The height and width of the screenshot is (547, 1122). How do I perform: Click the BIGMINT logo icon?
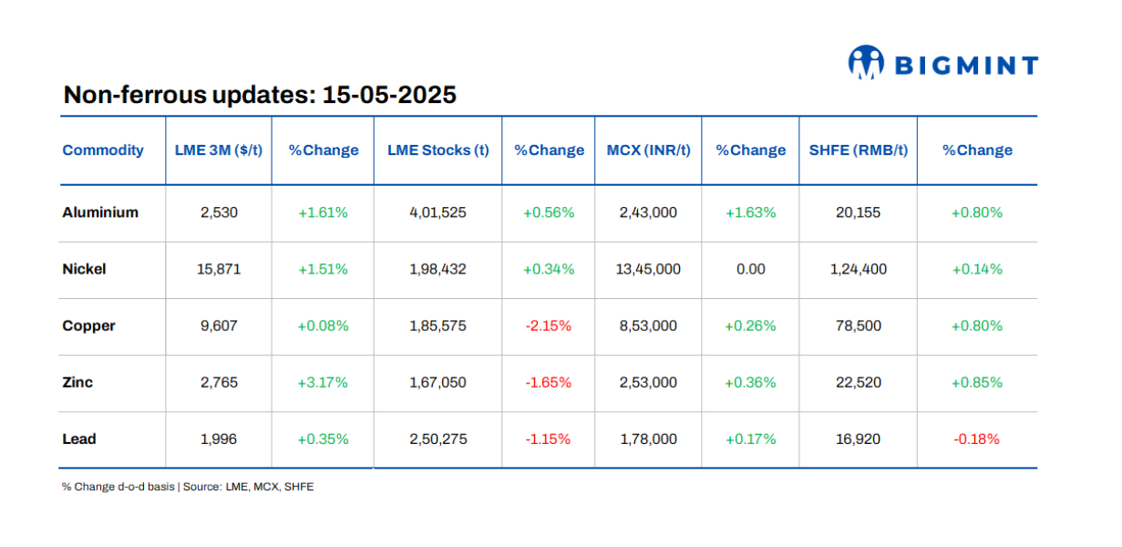coord(867,63)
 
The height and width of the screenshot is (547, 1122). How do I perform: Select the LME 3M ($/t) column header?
coord(219,150)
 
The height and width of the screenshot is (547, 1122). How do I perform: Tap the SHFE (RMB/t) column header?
coord(858,150)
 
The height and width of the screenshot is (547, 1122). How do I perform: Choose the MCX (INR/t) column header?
coord(649,150)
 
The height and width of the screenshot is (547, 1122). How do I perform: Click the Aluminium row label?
coord(100,212)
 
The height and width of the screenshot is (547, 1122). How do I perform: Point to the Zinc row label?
coord(77,382)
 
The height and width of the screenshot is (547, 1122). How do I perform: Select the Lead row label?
coord(79,439)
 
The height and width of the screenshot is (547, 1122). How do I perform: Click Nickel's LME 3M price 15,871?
coord(219,269)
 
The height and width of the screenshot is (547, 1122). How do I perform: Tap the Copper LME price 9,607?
coord(219,325)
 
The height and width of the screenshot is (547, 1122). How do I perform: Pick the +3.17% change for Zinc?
coord(323,382)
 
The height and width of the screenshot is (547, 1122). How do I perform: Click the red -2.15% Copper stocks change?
coord(549,325)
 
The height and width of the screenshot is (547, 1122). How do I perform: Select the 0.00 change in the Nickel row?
coord(750,269)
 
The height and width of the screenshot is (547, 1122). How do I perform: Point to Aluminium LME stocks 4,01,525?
coord(438,212)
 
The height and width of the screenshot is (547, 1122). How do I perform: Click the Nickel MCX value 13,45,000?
coord(648,269)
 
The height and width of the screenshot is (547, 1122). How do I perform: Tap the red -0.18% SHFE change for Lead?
coord(976,439)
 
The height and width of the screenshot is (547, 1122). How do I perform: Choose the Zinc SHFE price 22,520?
coord(859,382)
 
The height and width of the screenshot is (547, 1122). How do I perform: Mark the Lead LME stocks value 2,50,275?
coord(438,439)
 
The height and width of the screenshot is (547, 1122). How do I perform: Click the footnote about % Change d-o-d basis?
coord(188,487)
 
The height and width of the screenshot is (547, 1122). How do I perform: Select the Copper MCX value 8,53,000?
coord(648,325)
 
